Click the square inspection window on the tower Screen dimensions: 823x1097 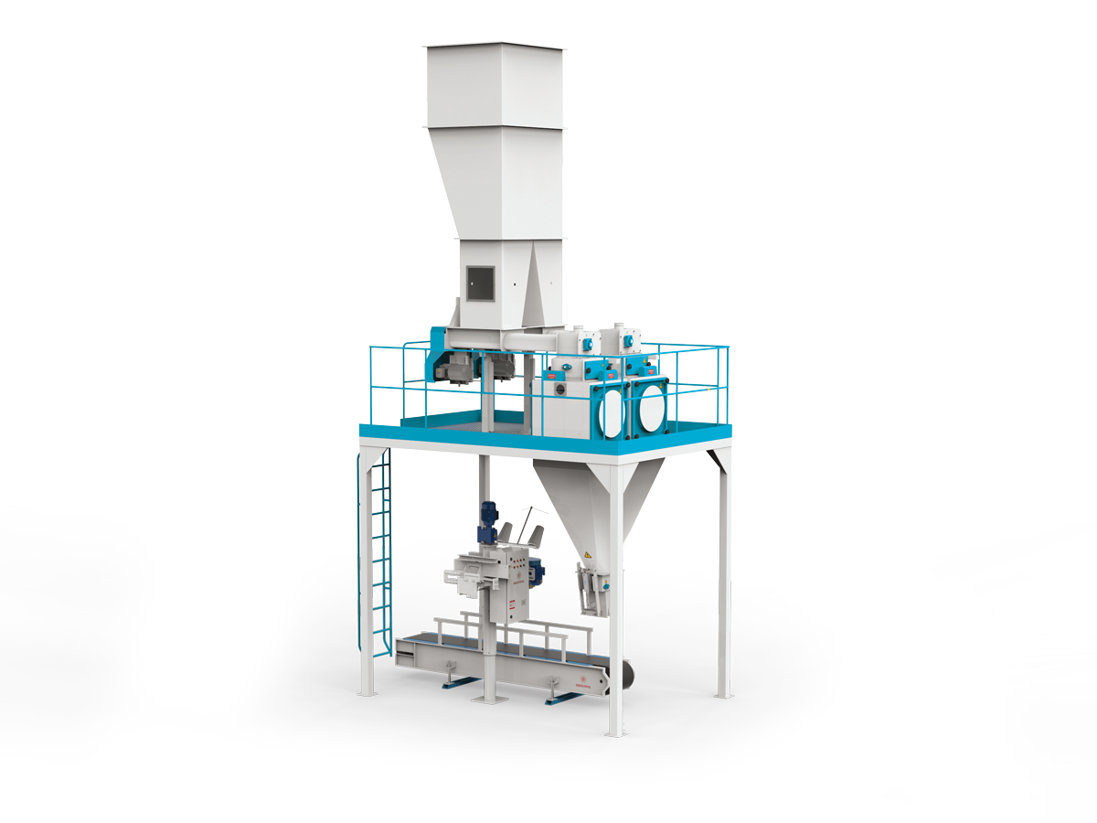click(x=480, y=283)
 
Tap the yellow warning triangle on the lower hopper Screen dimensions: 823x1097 click(x=587, y=555)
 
